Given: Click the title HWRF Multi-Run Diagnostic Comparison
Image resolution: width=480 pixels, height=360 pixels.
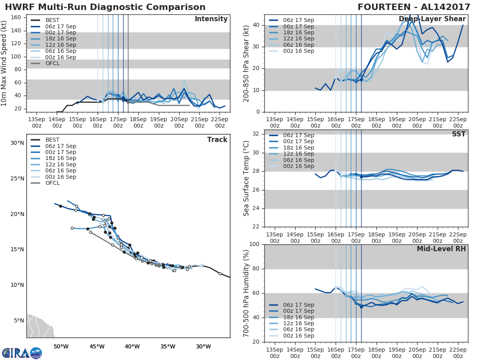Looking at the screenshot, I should [x=105, y=7].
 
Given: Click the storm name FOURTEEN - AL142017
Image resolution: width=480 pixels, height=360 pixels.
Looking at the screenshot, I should [x=412, y=7].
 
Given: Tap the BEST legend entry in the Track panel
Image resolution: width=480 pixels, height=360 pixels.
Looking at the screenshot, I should [x=52, y=140].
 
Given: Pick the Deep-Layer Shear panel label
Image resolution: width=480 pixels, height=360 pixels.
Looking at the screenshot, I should [x=432, y=19].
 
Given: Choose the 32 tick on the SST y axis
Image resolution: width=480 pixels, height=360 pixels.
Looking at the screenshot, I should [x=256, y=134].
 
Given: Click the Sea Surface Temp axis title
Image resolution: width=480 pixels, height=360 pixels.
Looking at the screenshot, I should [x=246, y=178].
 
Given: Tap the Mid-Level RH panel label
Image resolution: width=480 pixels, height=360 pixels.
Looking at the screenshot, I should [x=441, y=249].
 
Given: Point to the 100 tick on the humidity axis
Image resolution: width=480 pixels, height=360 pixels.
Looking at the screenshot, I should [x=254, y=244].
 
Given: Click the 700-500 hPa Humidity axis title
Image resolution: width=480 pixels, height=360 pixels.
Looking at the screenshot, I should [x=246, y=293].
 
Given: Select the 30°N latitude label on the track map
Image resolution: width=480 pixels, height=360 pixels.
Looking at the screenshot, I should [x=17, y=143].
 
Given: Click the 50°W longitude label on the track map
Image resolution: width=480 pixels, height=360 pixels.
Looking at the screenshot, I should [x=61, y=346].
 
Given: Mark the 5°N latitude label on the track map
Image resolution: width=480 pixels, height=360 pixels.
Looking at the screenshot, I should [x=19, y=320].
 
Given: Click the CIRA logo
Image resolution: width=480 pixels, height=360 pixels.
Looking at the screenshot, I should [x=22, y=353].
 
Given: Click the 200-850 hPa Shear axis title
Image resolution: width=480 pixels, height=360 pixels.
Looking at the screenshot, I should [x=246, y=63].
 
